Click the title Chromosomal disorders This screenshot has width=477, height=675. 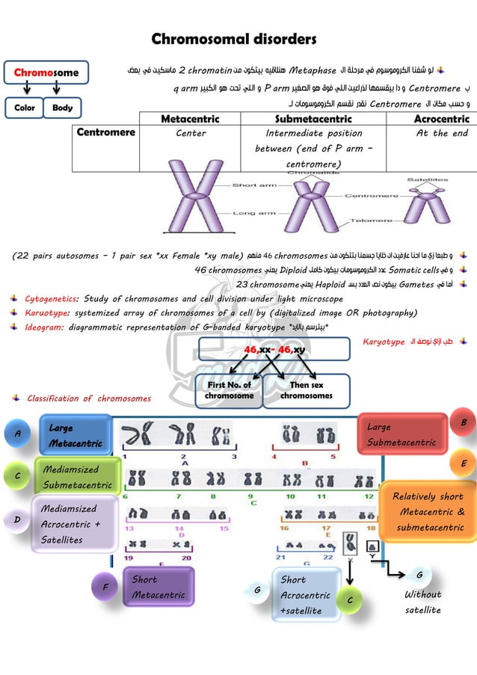[234, 39]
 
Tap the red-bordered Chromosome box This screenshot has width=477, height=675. [46, 73]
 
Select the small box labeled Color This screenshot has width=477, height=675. [24, 108]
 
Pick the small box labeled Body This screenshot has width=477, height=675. [63, 108]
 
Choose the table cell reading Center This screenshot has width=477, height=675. [191, 134]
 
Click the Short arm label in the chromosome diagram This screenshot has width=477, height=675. [255, 185]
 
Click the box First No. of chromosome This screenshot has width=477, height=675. [229, 390]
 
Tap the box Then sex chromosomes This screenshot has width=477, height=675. [307, 390]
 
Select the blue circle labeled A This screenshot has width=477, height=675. [17, 432]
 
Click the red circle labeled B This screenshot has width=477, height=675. [463, 422]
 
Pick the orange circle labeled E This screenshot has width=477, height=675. [463, 463]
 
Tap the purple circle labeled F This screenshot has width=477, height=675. [105, 588]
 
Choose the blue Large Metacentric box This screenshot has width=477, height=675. [75, 436]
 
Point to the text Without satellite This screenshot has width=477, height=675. [423, 602]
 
